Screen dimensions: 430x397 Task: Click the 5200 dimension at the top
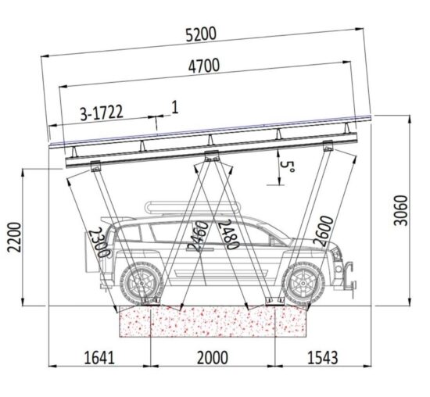tap(201, 34)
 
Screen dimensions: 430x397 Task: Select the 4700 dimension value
tap(204, 66)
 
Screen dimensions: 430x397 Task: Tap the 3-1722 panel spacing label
tap(102, 113)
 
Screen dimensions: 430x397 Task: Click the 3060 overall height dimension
tap(400, 210)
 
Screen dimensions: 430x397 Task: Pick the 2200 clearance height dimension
tap(14, 237)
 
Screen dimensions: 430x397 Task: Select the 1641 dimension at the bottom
tap(99, 358)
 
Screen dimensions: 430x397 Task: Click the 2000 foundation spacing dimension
tap(213, 358)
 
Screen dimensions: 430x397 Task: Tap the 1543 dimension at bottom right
tap(322, 358)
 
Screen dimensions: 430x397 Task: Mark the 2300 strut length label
tap(99, 242)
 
